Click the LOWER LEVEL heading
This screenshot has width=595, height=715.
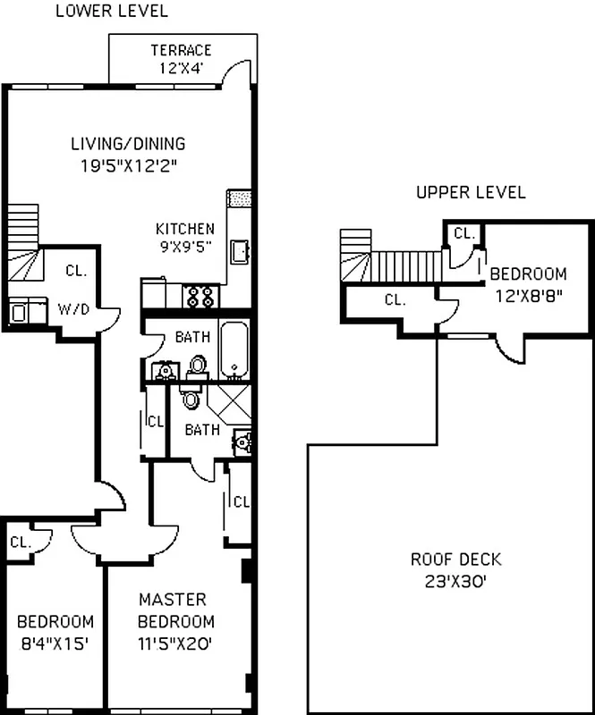coord(111,12)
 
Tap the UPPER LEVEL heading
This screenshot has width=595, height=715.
coord(471,193)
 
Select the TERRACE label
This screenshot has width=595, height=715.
coord(181,50)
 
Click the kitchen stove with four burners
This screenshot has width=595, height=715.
coord(201,295)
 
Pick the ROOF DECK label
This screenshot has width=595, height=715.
coord(455,560)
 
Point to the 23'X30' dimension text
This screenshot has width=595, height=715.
coord(455,579)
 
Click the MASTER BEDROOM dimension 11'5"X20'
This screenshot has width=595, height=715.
coord(175,642)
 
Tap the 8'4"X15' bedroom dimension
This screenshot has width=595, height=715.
coord(55,642)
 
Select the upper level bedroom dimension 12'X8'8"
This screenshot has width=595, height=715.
coord(527,293)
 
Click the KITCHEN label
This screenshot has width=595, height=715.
coord(185,229)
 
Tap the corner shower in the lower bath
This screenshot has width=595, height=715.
coord(232,405)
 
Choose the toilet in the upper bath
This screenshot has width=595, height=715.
coord(199,366)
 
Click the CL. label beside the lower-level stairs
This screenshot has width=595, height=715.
coord(75,271)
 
